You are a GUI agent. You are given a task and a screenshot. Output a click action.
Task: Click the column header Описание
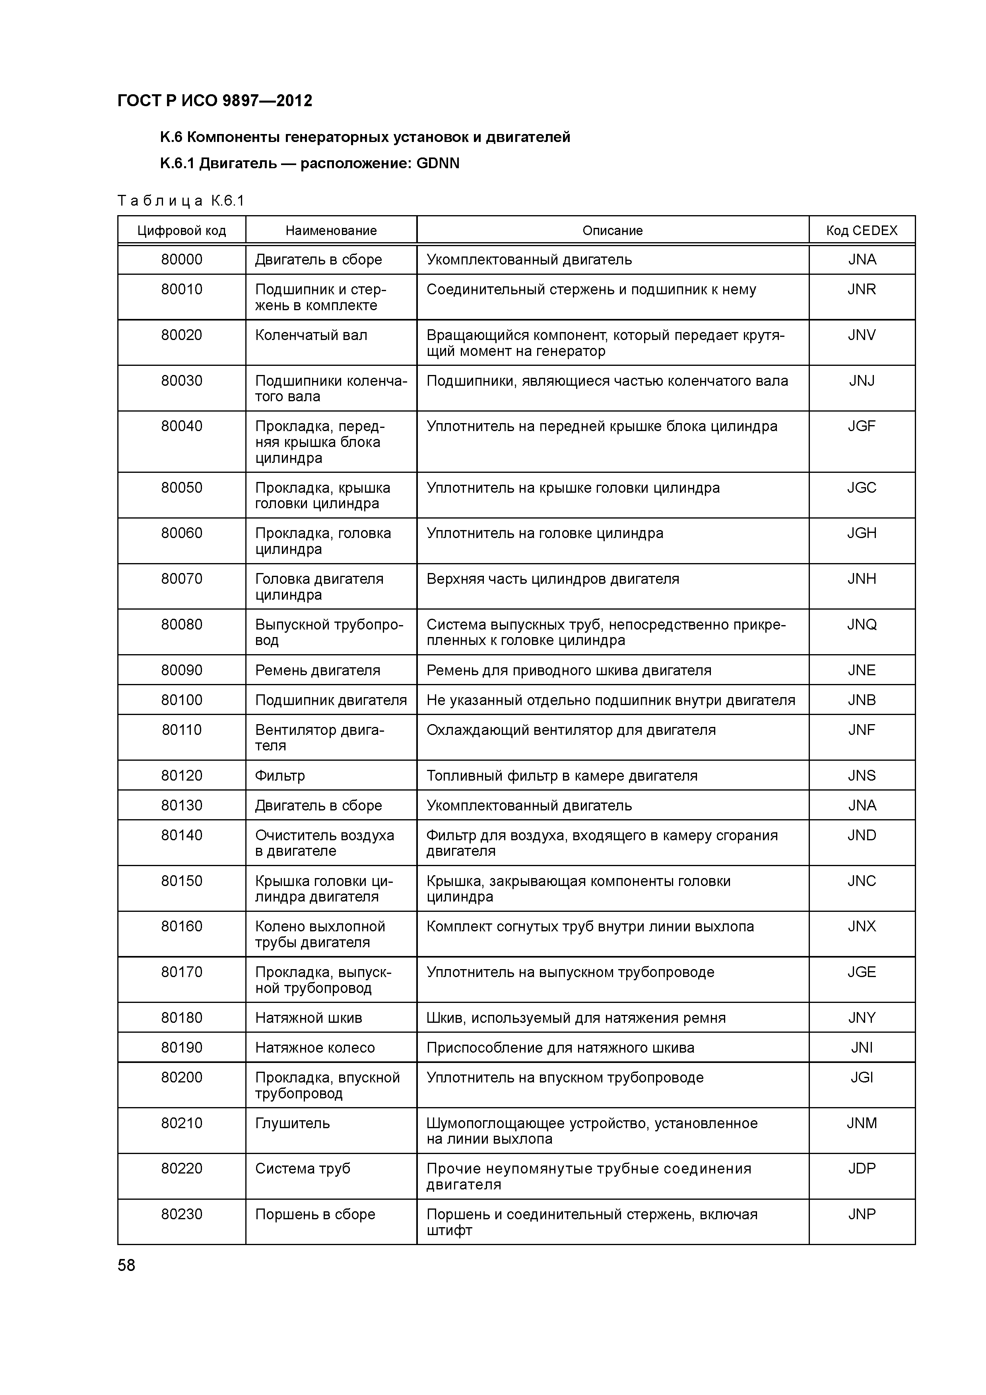coord(612,231)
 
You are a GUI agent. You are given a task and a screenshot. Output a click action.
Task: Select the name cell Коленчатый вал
coord(311,335)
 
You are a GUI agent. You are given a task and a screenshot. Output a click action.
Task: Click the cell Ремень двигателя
coord(317,671)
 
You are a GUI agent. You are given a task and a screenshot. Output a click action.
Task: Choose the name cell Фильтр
coord(279,776)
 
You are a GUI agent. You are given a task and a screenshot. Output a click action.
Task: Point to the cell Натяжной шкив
coord(308,1018)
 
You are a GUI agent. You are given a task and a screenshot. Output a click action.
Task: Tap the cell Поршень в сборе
coord(315,1214)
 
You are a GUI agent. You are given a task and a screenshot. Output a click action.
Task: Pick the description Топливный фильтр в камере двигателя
coord(561,776)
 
